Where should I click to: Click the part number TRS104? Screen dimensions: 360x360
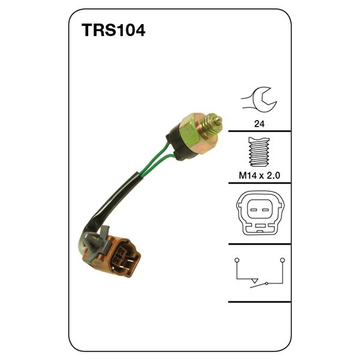coord(113,30)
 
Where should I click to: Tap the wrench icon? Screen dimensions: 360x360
coord(259,98)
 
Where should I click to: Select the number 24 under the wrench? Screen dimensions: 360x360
coord(259,124)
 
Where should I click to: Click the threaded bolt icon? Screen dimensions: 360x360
coord(259,152)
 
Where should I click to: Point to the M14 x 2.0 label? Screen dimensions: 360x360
coord(259,176)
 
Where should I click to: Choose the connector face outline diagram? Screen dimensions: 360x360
coord(261,213)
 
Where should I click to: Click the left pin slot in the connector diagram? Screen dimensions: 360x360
coord(253,210)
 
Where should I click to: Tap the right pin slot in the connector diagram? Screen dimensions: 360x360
coord(265,210)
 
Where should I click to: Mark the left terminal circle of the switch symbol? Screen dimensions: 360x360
coord(237,260)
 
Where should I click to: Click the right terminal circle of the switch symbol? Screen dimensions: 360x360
coord(283,260)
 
